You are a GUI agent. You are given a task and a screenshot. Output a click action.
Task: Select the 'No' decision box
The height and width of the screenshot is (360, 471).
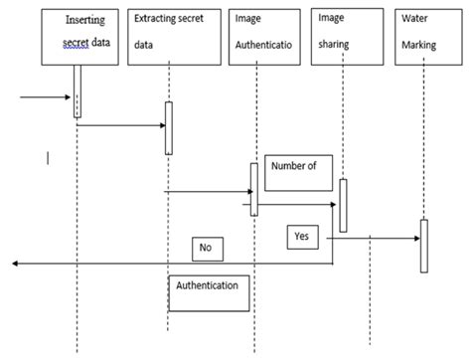click(x=208, y=248)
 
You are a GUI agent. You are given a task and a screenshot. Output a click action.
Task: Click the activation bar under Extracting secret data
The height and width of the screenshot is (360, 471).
click(x=169, y=127)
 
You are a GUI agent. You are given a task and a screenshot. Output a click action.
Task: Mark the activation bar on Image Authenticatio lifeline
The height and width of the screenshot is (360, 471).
click(x=254, y=188)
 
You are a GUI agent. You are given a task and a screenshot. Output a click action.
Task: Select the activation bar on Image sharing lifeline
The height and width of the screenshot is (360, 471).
click(x=344, y=204)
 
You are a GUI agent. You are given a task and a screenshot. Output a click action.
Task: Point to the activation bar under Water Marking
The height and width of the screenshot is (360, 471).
click(x=423, y=244)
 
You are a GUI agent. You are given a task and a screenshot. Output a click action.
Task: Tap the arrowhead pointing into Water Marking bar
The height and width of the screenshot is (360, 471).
click(x=414, y=239)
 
